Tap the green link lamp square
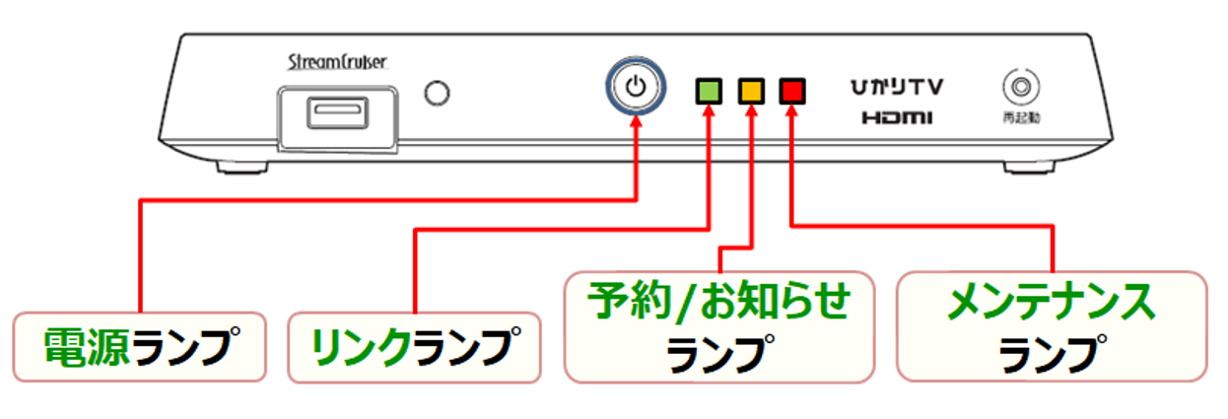708,92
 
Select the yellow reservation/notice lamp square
750,92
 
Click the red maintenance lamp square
792,92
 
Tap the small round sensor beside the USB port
436,94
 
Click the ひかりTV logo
898,88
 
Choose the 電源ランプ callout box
139,346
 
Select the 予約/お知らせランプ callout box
719,326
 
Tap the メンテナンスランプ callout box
1052,326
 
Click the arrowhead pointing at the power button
637,124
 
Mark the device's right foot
1030,167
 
